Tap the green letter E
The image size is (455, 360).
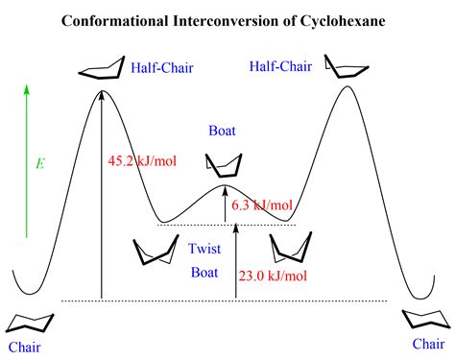click(x=39, y=163)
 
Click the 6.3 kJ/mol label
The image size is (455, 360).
click(x=262, y=204)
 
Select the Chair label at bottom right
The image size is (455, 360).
click(x=428, y=343)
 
